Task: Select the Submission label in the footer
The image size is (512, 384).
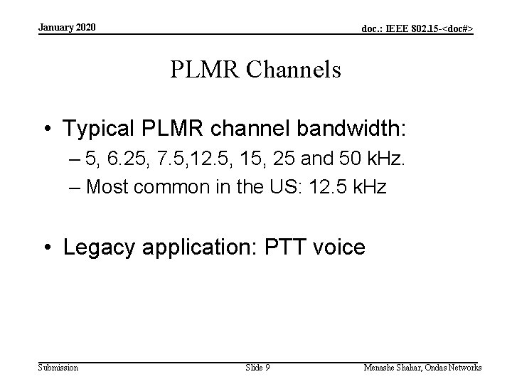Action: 58,368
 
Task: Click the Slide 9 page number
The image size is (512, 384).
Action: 257,368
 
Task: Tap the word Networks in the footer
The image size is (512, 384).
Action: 463,368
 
